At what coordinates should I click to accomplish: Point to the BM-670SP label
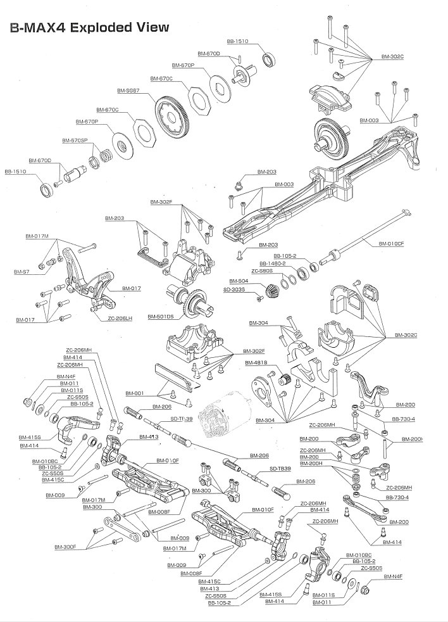(74, 140)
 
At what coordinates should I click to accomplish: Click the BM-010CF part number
(391, 244)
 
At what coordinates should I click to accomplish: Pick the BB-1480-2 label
(272, 263)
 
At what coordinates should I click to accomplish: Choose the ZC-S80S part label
(261, 271)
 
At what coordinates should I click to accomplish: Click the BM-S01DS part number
(161, 316)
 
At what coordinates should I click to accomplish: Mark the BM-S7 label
(21, 272)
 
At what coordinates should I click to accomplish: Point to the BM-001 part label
(135, 393)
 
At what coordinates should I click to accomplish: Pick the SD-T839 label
(281, 468)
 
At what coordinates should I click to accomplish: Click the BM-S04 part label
(239, 280)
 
